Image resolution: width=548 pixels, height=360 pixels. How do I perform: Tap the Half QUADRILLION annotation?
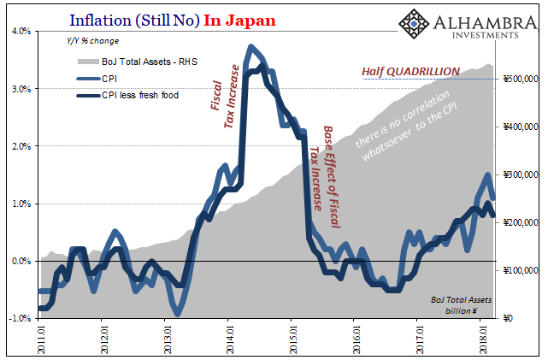click(410, 71)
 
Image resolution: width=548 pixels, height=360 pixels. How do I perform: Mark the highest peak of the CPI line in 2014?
click(250, 46)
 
